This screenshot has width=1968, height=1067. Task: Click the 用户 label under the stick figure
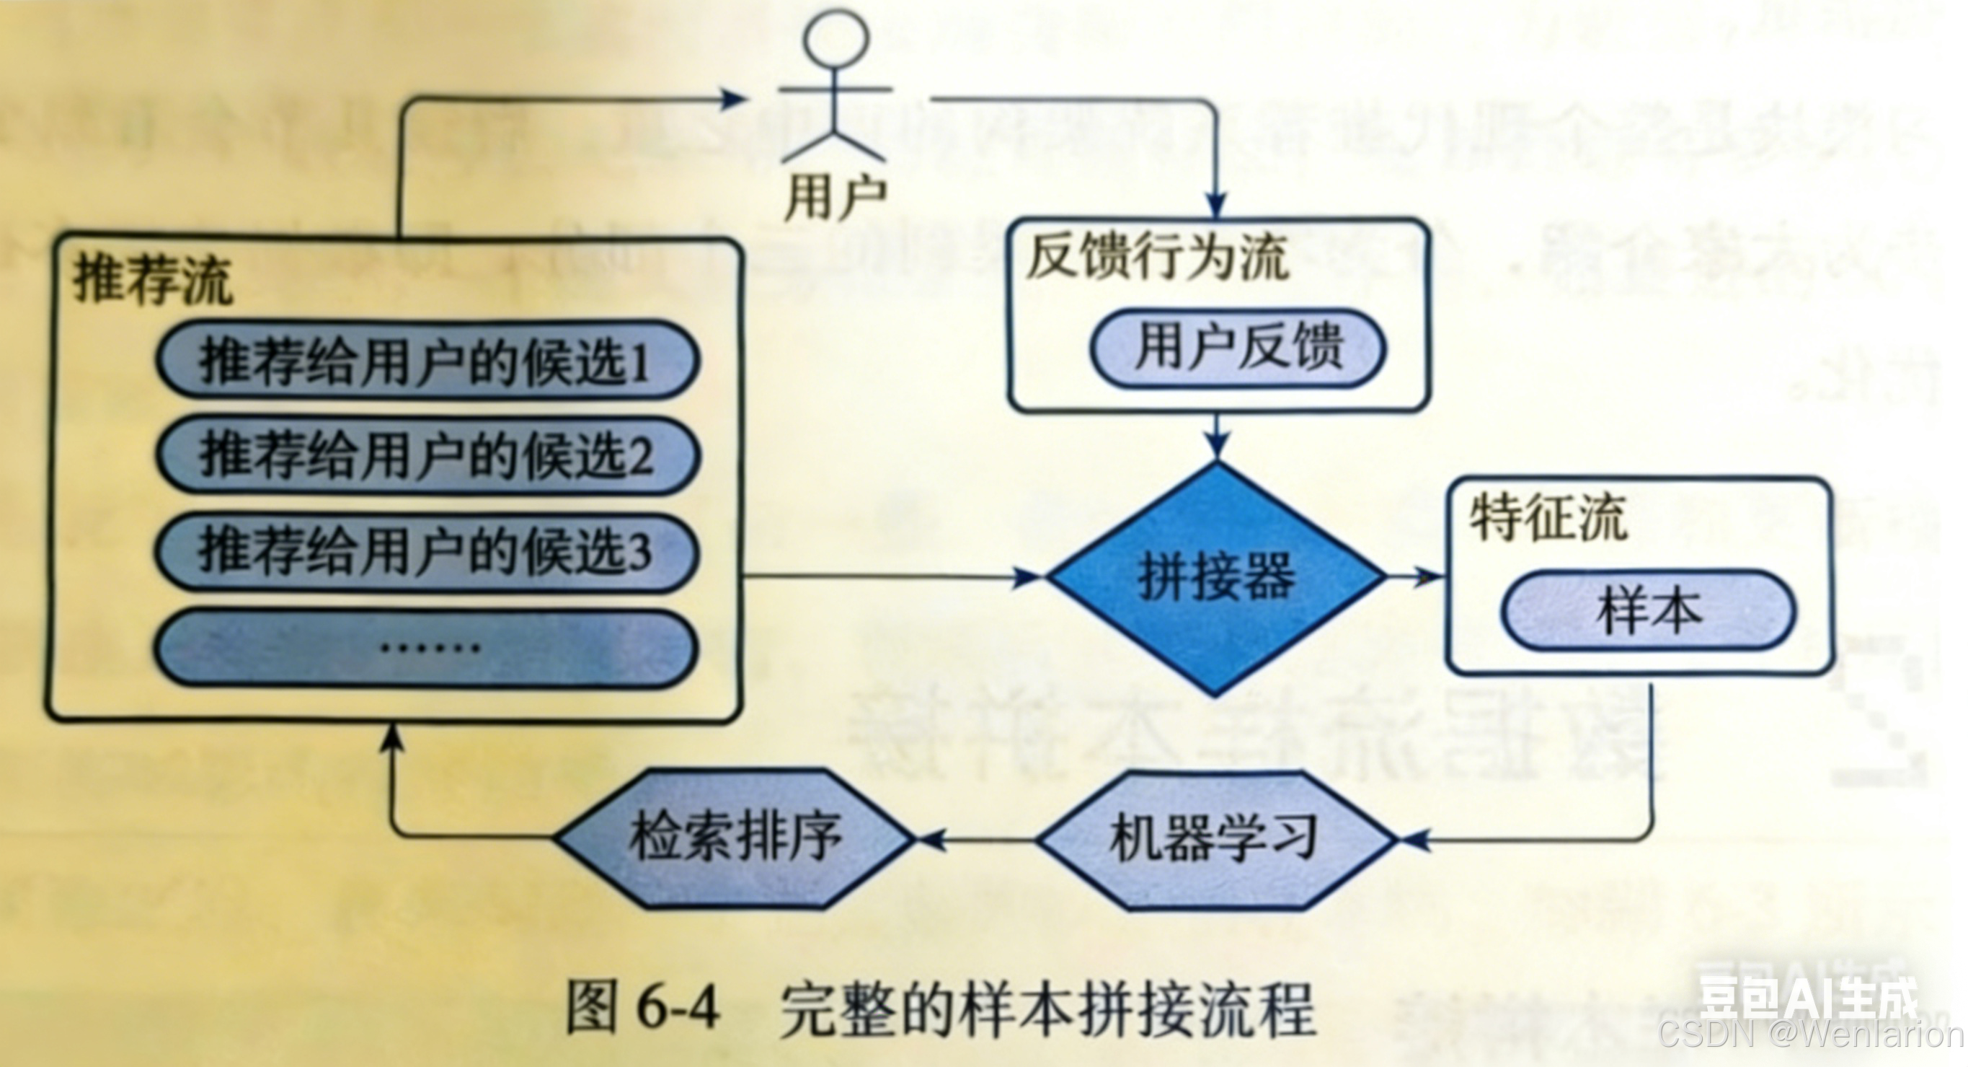835,196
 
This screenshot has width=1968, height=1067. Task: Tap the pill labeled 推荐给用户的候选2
426,456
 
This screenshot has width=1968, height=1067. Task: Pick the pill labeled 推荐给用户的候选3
426,552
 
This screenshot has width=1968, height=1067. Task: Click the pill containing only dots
426,648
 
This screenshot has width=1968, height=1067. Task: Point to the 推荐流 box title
153,281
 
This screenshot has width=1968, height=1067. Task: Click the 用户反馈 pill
1238,348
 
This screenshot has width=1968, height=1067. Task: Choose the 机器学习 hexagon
1215,839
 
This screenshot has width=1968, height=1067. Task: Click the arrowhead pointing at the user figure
733,99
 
